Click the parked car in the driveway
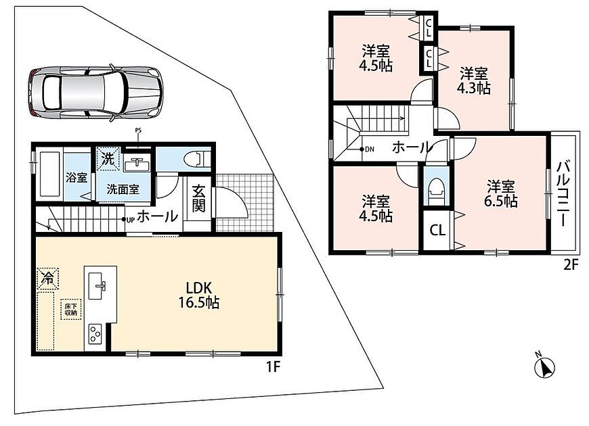point(95,93)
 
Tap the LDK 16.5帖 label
point(199,295)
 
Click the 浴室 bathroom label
point(77,178)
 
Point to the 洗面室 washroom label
point(123,189)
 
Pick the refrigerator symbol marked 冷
point(47,278)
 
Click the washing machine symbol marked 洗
point(108,159)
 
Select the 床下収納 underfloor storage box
point(71,309)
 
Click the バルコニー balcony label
point(563,193)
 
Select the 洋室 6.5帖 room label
point(501,193)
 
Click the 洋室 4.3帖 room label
point(474,80)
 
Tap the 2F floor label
point(570,265)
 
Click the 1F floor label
point(274,366)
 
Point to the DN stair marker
point(367,149)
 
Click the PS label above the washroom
point(138,131)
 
